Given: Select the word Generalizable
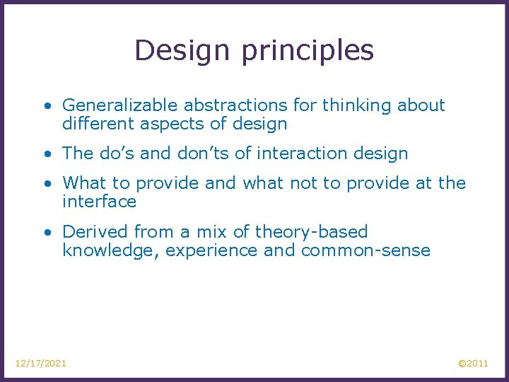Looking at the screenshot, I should coord(120,106).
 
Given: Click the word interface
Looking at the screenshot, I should coord(99,202).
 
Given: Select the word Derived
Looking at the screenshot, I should coord(91,232).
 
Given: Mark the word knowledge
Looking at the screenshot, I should coord(110,251).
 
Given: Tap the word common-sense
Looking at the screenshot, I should coord(365,251).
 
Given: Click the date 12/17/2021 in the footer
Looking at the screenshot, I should coord(41,363).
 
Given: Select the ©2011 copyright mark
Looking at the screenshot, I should coord(473,363).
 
